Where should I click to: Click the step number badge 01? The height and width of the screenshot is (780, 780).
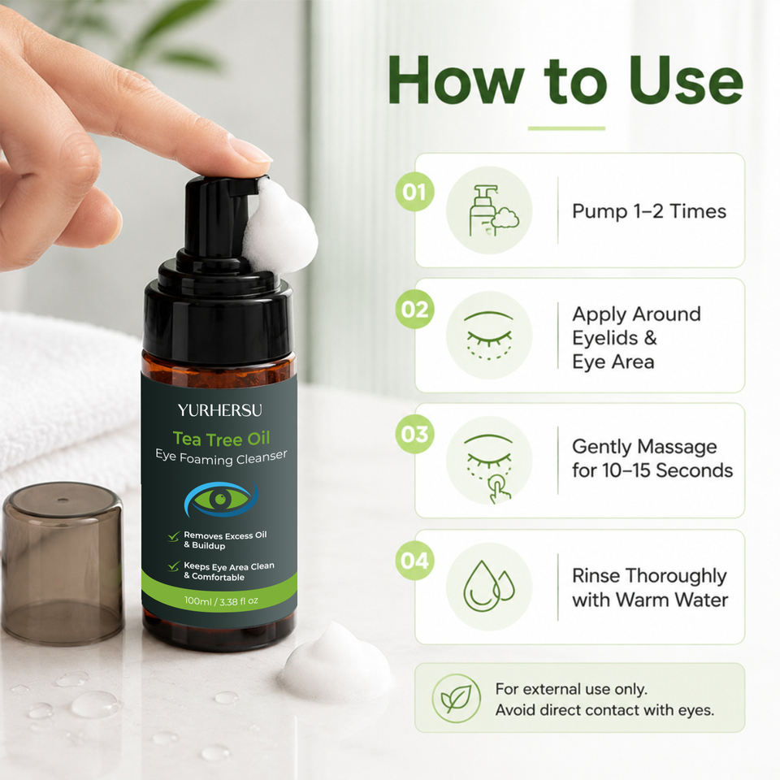[414, 192]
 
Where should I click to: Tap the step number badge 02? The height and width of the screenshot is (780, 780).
[414, 309]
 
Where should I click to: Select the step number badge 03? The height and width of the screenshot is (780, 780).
[414, 434]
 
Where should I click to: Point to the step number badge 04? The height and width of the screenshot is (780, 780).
[414, 560]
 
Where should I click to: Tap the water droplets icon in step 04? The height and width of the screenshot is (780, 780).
[488, 586]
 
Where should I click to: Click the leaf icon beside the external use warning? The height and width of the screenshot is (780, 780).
[456, 698]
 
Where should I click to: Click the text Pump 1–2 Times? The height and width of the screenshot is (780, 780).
[649, 211]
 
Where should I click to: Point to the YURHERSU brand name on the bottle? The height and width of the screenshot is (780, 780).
[220, 410]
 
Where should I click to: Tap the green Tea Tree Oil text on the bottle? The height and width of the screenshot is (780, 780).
[221, 439]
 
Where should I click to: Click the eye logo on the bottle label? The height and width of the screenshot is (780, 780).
[221, 500]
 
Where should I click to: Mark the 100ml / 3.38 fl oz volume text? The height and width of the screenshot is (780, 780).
[221, 601]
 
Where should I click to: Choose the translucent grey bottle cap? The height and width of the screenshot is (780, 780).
[63, 564]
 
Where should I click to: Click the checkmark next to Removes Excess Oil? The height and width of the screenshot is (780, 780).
[174, 536]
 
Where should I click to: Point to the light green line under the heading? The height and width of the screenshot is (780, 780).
[566, 128]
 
